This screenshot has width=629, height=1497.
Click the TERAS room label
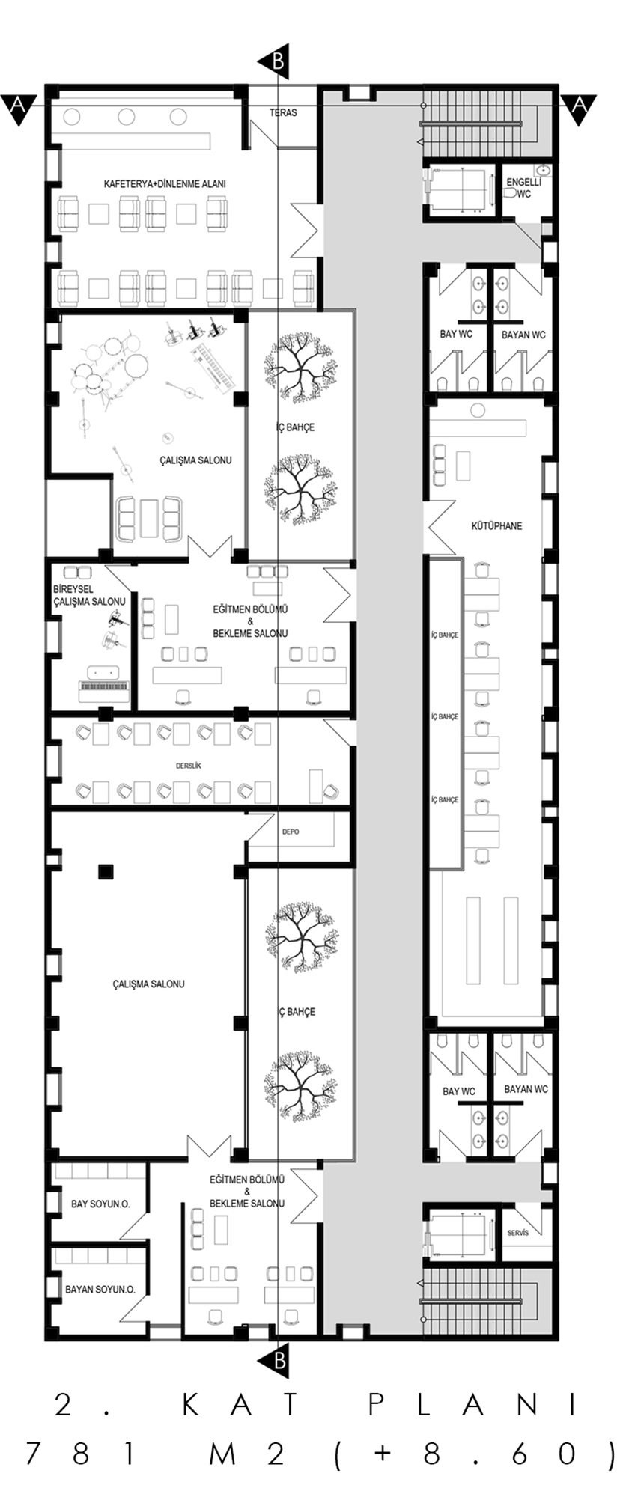coord(283,112)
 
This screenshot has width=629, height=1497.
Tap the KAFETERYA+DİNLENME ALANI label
coord(165,183)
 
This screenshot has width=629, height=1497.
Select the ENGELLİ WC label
coord(519,188)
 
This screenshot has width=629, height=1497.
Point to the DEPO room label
coord(291,832)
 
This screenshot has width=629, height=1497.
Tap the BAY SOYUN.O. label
coord(100,1204)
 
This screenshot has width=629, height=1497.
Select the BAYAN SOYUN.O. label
coord(100,1290)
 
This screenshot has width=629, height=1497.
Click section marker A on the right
coord(578,108)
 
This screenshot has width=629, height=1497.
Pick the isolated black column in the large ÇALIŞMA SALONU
coord(106,871)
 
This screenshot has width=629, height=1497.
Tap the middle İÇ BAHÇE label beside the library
coord(445,717)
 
